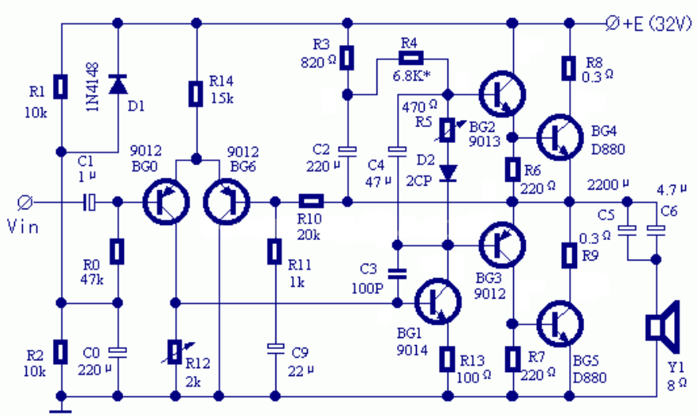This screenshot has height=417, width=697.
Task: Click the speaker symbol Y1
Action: click(x=661, y=328)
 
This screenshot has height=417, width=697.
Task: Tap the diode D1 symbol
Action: click(x=118, y=85)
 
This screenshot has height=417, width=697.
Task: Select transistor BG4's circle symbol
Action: click(x=560, y=137)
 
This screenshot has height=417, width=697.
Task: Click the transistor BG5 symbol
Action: click(x=560, y=324)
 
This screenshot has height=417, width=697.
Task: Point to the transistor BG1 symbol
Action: click(x=437, y=302)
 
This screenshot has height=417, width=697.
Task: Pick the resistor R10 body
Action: click(x=311, y=202)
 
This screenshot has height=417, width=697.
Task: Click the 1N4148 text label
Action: click(x=93, y=87)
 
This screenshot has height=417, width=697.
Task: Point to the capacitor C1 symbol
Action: click(x=89, y=202)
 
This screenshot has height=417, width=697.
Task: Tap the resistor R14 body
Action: click(x=196, y=94)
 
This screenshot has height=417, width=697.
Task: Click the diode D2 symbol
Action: click(x=448, y=174)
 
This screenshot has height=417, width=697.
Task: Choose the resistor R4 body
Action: click(x=410, y=58)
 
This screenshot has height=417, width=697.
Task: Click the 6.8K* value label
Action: click(x=411, y=76)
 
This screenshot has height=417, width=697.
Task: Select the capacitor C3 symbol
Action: click(x=397, y=273)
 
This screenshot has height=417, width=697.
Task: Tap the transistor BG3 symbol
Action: click(x=502, y=245)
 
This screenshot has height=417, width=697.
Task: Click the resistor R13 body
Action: click(x=448, y=359)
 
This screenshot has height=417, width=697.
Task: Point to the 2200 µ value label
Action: click(x=608, y=185)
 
